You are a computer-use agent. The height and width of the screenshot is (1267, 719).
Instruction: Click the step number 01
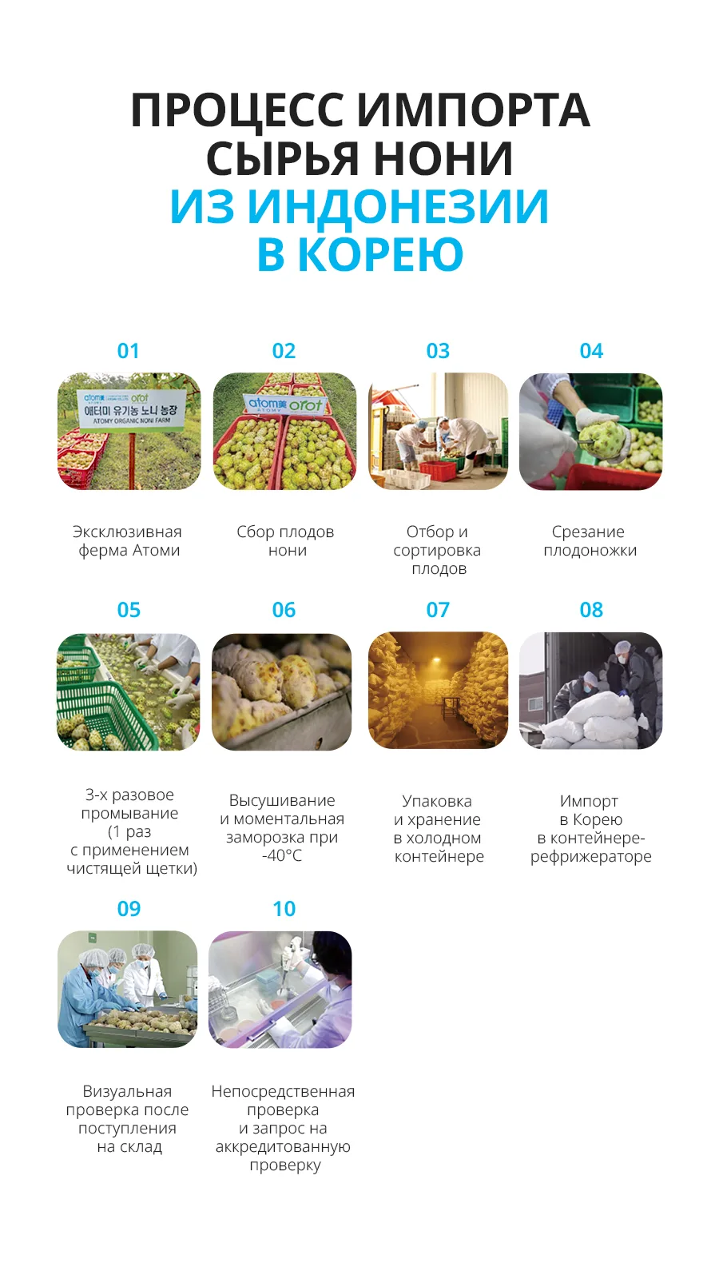pos(129,351)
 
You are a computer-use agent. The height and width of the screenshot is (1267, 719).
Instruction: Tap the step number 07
pos(438,610)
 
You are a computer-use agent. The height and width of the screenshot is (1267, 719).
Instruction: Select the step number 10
pos(284,909)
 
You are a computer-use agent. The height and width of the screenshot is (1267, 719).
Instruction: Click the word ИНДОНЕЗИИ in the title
pos(399,206)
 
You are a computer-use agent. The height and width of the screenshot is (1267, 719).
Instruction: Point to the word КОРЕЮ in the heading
pos(379,254)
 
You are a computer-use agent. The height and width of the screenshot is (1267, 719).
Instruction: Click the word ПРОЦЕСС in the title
pos(237,110)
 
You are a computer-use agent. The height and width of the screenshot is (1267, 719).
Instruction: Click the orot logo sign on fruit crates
pos(285,404)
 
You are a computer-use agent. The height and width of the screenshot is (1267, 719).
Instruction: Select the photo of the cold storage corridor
pos(438,691)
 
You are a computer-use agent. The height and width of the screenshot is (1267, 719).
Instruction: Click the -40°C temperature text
pos(282,856)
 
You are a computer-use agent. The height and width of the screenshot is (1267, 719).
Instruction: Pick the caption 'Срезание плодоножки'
pos(590,540)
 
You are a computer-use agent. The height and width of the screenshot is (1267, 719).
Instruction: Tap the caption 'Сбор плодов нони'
pos(285,540)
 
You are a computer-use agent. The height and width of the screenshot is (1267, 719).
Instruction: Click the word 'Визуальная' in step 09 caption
pos(127,1091)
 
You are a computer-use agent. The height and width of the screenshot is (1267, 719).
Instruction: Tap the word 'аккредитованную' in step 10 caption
pos(283,1146)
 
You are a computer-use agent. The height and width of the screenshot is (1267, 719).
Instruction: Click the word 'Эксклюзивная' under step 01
pos(127,532)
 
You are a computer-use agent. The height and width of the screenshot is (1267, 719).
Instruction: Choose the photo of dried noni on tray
pos(281,691)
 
